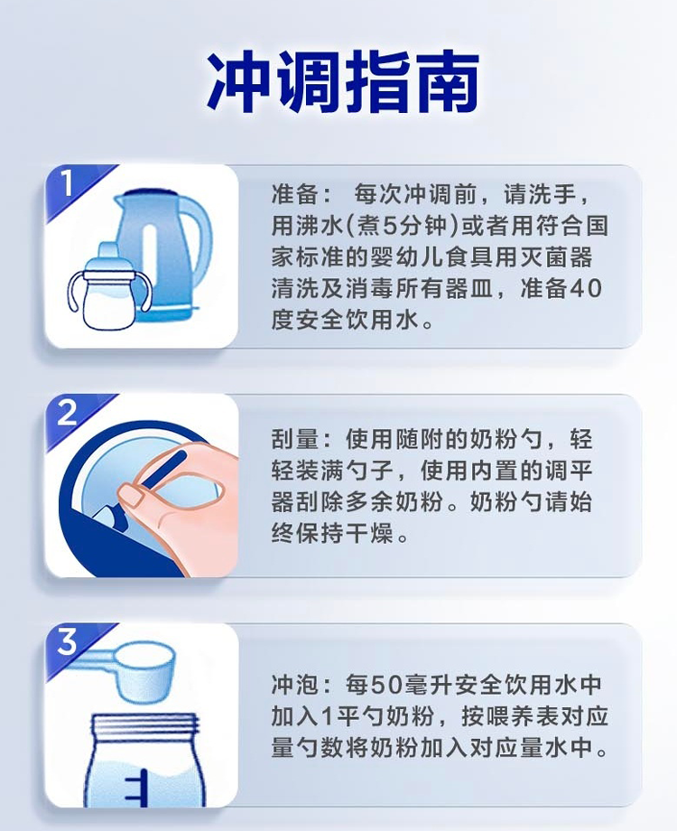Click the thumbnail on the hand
tap(134, 493)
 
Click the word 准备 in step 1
tap(290, 195)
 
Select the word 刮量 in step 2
tap(290, 440)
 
